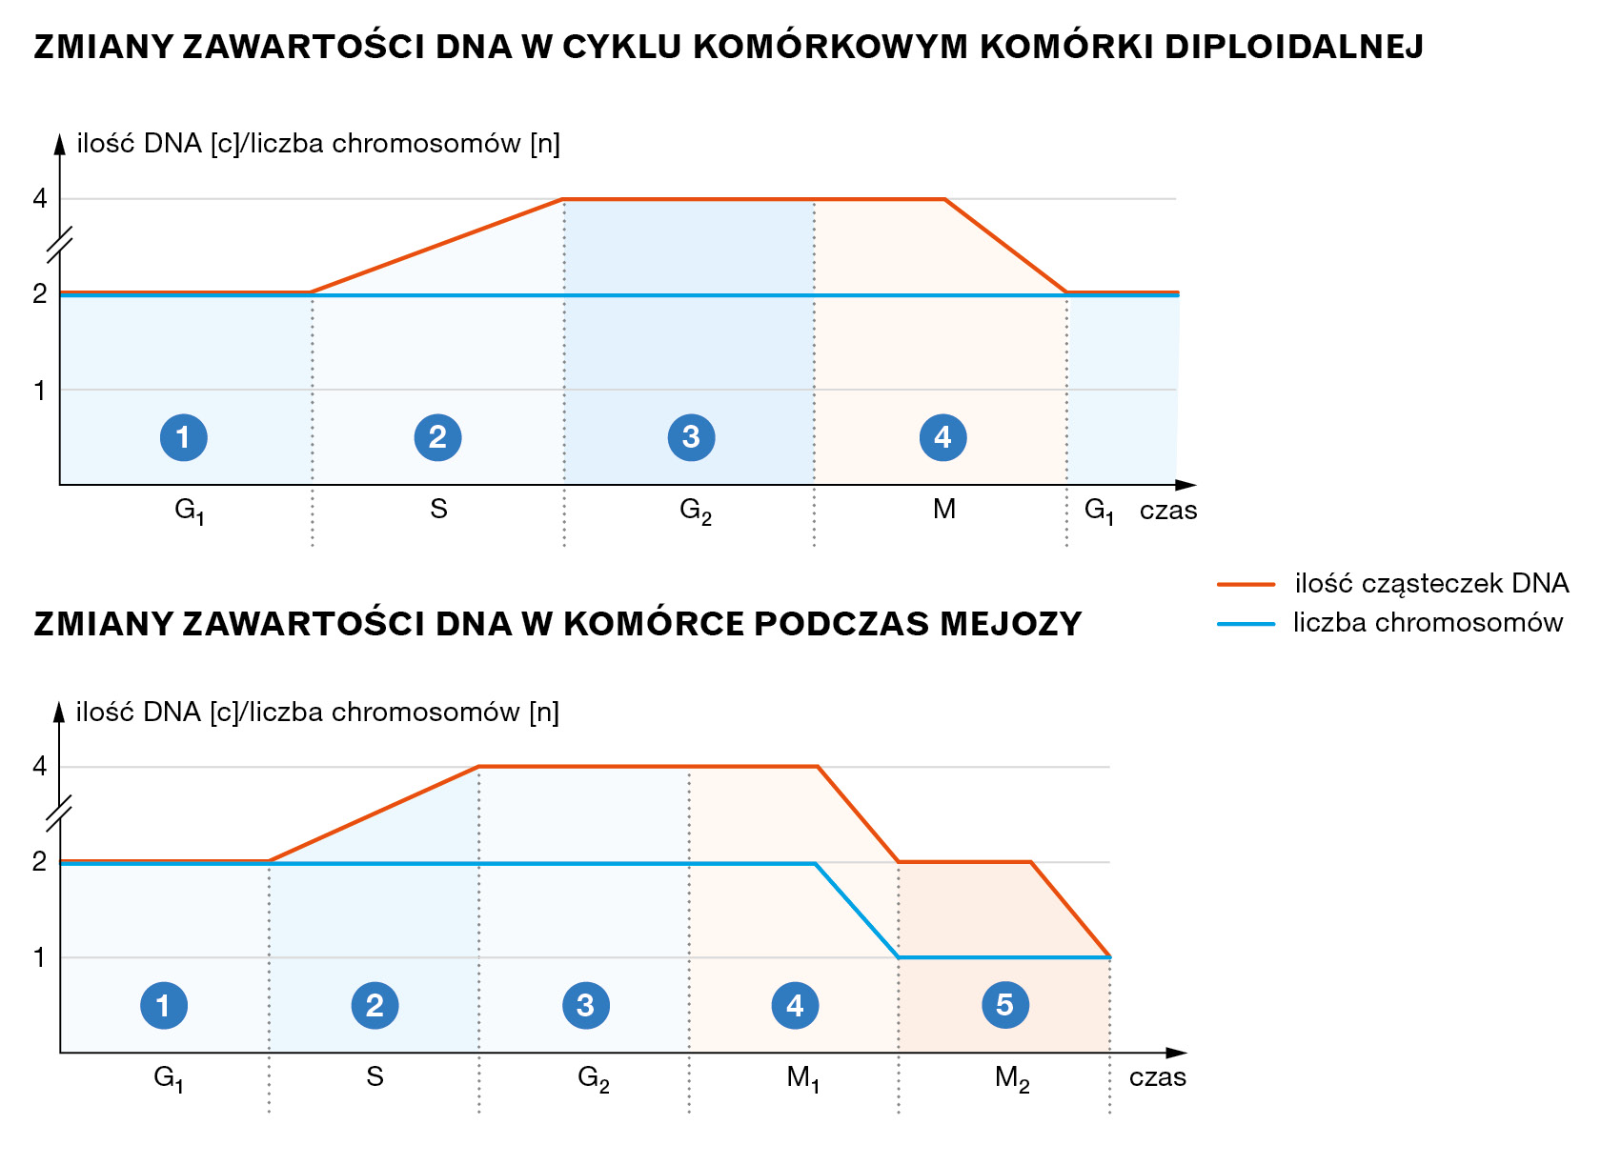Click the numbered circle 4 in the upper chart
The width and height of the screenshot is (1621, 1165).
point(942,437)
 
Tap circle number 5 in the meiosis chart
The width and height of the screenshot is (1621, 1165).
point(1004,1005)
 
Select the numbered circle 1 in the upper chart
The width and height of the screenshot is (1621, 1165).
point(183,437)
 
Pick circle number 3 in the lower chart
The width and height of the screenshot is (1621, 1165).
point(585,1005)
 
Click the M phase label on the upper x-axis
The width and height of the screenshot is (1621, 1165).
point(943,510)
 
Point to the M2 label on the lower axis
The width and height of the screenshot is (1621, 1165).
point(1011,1078)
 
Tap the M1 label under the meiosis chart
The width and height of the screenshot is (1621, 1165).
point(802,1078)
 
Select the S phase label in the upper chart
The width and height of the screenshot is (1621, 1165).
point(438,510)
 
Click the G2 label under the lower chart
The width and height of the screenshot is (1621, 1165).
point(593,1078)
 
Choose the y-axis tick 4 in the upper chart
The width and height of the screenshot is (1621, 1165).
point(39,199)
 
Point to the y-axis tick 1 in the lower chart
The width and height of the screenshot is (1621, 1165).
point(39,957)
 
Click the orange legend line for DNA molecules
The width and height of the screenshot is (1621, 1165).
point(1246,584)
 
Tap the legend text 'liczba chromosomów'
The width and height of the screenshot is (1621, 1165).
point(1428,623)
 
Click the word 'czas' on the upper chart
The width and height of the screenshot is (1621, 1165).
point(1168,511)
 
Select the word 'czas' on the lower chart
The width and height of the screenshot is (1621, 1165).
point(1157,1077)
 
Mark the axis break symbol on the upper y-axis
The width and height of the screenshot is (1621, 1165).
point(60,245)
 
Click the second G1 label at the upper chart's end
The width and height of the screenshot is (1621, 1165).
point(1099,511)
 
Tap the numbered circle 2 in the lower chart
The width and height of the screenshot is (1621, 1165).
point(375,1005)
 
